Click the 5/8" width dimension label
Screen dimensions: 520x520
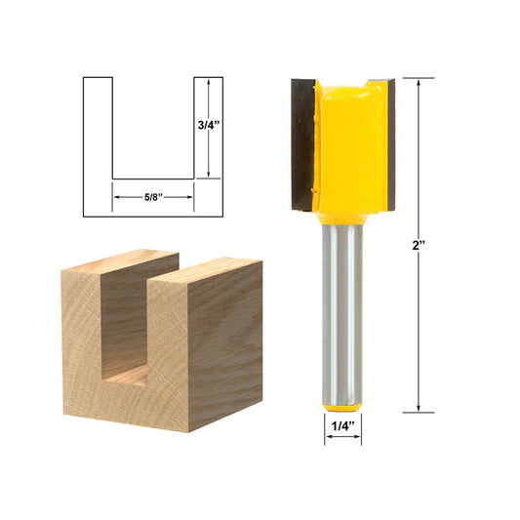pos(154,195)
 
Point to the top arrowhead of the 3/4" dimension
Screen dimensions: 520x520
pos(209,82)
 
